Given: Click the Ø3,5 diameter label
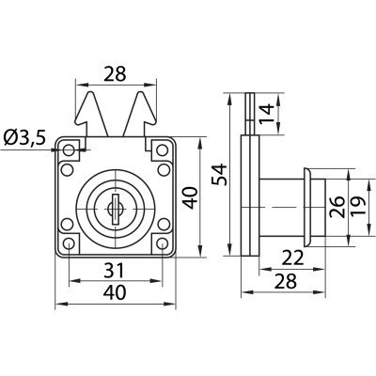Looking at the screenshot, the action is click(x=25, y=137).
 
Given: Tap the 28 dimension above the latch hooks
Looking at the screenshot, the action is click(x=115, y=74).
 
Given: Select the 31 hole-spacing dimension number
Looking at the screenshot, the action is click(x=115, y=270).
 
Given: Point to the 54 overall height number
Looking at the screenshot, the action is click(x=219, y=175).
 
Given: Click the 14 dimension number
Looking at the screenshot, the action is click(x=266, y=114).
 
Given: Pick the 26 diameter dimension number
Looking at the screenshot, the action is click(x=337, y=207).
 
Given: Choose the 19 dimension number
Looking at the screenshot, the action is click(x=358, y=206).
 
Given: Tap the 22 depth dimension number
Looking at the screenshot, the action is click(x=293, y=258).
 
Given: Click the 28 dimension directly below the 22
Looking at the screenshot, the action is click(x=285, y=281).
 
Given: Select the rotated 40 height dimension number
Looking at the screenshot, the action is click(x=190, y=197).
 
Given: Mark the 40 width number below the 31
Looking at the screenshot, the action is click(x=115, y=292).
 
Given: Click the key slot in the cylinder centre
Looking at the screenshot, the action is click(x=116, y=209).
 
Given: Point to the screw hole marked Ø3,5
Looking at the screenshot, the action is click(x=69, y=150).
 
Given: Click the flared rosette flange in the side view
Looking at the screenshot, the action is click(x=306, y=207).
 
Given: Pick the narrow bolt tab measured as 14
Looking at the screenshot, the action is click(x=250, y=114).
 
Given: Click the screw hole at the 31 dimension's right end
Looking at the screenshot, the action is click(x=163, y=243).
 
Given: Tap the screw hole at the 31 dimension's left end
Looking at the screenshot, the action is click(x=69, y=243).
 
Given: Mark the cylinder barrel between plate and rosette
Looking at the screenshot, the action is click(x=281, y=207).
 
